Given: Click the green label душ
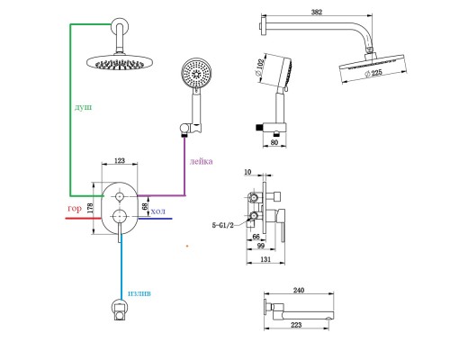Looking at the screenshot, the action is click(x=83, y=107).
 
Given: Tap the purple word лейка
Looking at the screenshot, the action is click(x=201, y=161).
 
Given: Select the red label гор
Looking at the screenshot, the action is click(x=75, y=209).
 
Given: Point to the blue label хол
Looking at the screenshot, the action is click(x=157, y=211).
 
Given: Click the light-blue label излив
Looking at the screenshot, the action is click(x=139, y=293).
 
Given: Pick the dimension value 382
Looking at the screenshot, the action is click(x=317, y=12).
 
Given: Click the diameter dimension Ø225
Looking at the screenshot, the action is click(x=374, y=73).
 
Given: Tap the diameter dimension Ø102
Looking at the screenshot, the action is click(x=259, y=67).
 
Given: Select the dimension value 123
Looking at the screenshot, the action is click(x=120, y=160).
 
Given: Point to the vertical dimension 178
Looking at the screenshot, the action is click(x=90, y=208).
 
